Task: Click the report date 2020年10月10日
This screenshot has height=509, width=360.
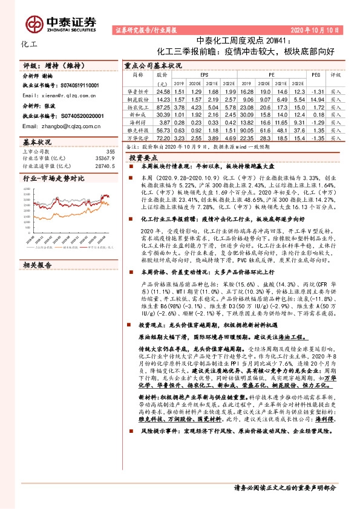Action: [315, 29]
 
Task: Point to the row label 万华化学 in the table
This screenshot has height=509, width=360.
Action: [139, 138]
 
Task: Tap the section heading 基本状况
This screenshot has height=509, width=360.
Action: [38, 142]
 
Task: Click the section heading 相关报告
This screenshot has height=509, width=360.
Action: [38, 248]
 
